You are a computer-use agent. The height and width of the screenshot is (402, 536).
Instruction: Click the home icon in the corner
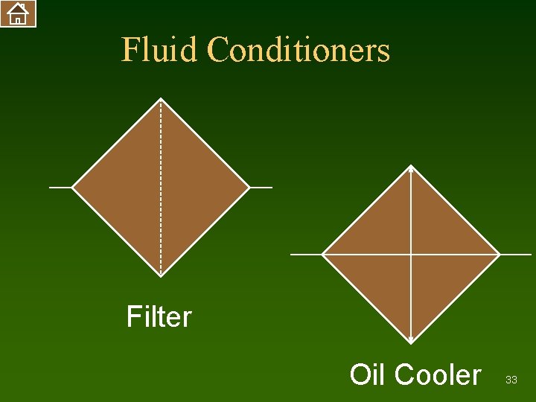click(x=18, y=13)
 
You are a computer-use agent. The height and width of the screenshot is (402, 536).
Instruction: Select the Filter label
click(x=159, y=317)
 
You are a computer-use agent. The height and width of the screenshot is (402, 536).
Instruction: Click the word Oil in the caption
click(x=368, y=374)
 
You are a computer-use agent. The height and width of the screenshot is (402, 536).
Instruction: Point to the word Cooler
click(x=438, y=374)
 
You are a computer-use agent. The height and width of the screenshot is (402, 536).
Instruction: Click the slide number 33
click(x=511, y=380)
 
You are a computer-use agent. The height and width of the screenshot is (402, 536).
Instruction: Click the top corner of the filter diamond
click(x=161, y=99)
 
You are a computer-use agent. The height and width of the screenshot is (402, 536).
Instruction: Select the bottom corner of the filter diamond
click(x=161, y=275)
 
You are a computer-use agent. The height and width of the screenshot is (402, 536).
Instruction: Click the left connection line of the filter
click(x=60, y=187)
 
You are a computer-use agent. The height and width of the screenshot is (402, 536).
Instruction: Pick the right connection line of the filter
click(x=261, y=187)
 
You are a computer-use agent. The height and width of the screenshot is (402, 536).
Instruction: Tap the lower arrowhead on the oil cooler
click(x=411, y=340)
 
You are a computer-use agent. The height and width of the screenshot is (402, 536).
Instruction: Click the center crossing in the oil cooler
click(x=411, y=255)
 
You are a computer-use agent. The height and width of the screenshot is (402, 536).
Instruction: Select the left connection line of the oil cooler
click(x=306, y=255)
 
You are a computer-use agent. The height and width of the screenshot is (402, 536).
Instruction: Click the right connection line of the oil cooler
click(x=515, y=255)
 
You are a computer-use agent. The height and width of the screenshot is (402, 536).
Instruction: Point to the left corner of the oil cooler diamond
click(x=323, y=255)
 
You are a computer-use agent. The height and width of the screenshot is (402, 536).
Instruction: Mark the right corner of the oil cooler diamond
click(x=499, y=255)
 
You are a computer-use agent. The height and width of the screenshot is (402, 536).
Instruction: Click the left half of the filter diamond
click(x=119, y=187)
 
